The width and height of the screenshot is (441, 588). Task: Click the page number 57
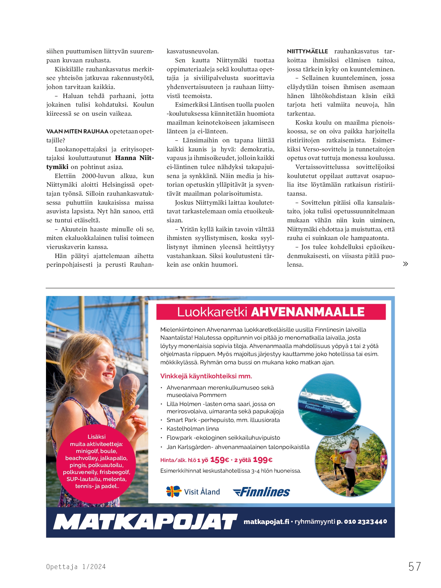coord(414,566)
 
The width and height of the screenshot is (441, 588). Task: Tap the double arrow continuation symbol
coord(405,264)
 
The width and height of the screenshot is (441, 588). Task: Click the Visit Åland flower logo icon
coord(174,492)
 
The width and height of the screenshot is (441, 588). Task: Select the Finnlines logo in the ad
coord(261,492)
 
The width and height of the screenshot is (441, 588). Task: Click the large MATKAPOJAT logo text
coord(145,522)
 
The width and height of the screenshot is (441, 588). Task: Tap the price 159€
coord(220,460)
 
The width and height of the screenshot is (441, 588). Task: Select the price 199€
coord(263,460)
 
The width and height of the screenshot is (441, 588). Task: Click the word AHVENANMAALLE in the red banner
coord(308,312)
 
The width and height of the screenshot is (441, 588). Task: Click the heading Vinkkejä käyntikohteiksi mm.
coord(206,376)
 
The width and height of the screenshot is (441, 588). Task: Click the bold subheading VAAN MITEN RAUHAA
coord(77,131)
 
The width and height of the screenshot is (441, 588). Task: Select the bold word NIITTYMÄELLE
coord(307,51)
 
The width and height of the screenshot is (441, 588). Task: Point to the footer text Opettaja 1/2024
coord(76,567)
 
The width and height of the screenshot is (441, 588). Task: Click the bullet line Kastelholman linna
coord(193,429)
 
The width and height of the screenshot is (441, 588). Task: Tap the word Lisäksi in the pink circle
coord(96,437)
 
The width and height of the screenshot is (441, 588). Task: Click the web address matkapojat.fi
coord(266,522)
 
